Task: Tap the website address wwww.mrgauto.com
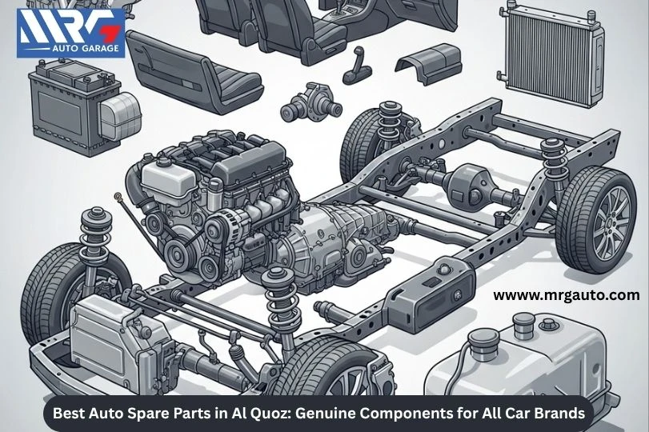click(566, 295)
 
